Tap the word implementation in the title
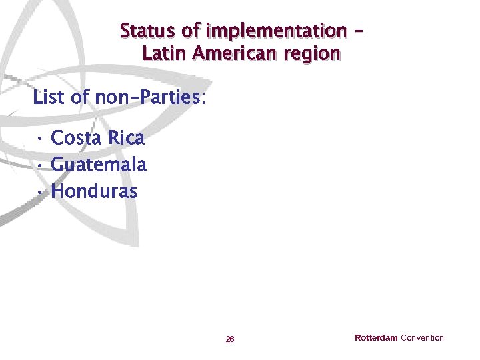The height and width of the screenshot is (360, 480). (276, 31)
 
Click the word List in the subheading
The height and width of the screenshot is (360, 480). (49, 98)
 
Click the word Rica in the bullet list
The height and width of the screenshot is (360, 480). (126, 138)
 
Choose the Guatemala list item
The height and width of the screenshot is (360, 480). (98, 165)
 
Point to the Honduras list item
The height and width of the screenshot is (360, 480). (94, 191)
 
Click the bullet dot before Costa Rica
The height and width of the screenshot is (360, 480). (41, 139)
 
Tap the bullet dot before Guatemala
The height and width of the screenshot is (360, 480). (41, 165)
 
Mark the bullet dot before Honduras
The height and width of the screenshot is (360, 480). (41, 192)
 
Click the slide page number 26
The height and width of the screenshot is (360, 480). (230, 339)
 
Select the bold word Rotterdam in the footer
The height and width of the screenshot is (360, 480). (376, 338)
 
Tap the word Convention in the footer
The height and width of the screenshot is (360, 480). (422, 338)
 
